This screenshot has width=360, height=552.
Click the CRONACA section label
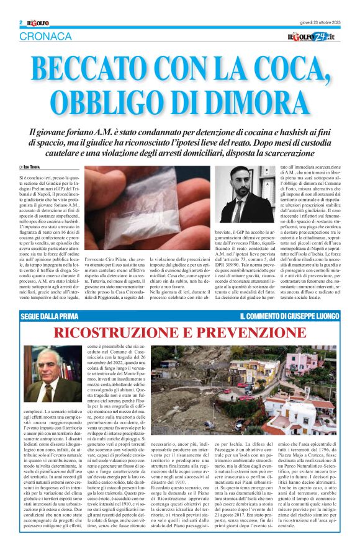(45, 37)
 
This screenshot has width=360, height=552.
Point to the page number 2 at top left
(21, 23)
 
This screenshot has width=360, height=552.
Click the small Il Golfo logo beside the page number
(37, 23)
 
